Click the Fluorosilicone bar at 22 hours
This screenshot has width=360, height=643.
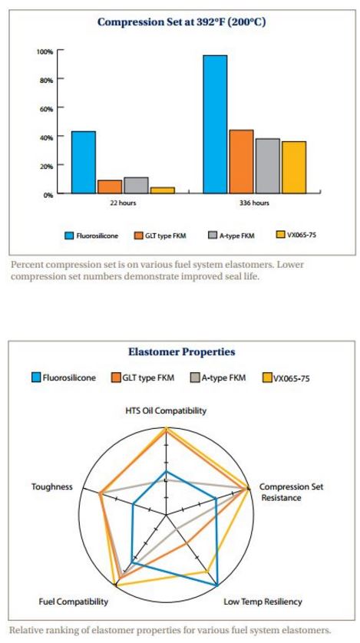tap(84, 163)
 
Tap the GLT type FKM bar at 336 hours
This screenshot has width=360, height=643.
tap(241, 161)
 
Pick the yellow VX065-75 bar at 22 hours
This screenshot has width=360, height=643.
tap(162, 190)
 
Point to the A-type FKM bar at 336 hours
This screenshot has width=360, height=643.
tap(267, 166)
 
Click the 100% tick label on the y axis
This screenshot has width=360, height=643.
tap(45, 51)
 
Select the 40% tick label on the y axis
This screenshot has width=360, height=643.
tap(45, 137)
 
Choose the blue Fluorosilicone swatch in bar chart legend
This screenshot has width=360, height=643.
tap(69, 235)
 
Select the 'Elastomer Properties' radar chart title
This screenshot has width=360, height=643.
tap(181, 351)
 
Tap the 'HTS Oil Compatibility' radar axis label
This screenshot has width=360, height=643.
tap(166, 411)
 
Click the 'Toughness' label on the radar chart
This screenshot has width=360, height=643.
tap(52, 486)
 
